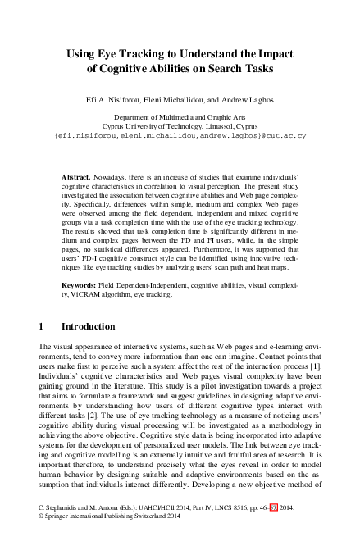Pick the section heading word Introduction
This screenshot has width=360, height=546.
88,326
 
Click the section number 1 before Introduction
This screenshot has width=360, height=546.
42,326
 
